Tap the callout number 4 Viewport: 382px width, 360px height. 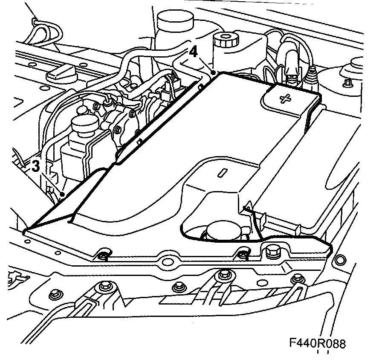pyautogui.click(x=193, y=52)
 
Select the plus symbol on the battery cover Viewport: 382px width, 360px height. pyautogui.click(x=284, y=99)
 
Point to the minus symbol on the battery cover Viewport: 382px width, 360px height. pyautogui.click(x=222, y=173)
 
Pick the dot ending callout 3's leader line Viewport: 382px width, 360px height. pyautogui.click(x=63, y=195)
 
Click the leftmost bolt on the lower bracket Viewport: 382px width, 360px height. pyautogui.click(x=55, y=294)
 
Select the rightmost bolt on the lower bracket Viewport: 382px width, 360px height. pyautogui.click(x=296, y=279)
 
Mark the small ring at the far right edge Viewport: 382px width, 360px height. pyautogui.click(x=339, y=259)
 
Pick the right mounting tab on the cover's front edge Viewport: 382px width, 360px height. pyautogui.click(x=242, y=255)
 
